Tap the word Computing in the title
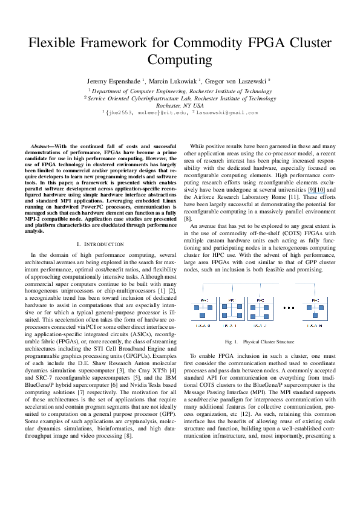[x=180, y=60]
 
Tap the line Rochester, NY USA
[x=180, y=105]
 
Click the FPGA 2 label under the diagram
[x=260, y=325]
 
